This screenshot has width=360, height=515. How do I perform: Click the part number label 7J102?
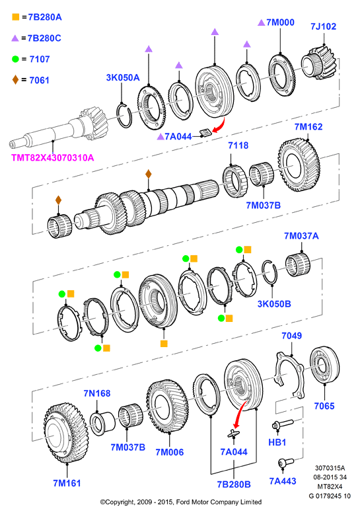click(323, 26)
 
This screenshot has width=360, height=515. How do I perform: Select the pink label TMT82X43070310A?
click(52, 158)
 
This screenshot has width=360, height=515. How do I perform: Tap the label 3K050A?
click(123, 77)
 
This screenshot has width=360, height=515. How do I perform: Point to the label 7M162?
click(308, 127)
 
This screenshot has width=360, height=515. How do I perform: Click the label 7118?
click(238, 145)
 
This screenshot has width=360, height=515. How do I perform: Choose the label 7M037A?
click(301, 236)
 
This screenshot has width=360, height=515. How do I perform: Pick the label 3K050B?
click(274, 304)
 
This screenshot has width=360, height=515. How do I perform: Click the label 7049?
click(291, 336)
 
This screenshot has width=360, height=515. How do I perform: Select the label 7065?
click(324, 406)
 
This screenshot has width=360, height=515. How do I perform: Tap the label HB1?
click(277, 442)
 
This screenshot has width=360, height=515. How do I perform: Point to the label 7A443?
click(283, 481)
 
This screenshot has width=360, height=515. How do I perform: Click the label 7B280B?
click(234, 485)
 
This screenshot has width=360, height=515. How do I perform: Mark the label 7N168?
click(97, 393)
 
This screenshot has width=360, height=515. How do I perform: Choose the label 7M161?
click(67, 483)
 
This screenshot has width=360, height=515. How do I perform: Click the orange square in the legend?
click(15, 17)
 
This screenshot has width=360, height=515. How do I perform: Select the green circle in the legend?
click(15, 59)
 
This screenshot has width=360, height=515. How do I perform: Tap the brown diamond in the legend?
click(15, 80)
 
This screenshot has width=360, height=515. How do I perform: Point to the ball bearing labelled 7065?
click(324, 365)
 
